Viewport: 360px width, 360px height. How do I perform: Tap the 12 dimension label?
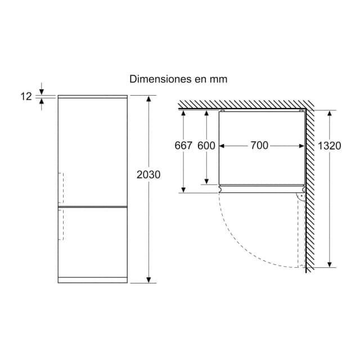tap(26, 96)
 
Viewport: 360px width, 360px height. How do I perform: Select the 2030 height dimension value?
tap(148, 175)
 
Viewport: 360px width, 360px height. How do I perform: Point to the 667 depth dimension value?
tap(183, 146)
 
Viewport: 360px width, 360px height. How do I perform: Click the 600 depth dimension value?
tap(206, 146)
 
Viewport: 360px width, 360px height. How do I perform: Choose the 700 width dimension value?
tap(259, 145)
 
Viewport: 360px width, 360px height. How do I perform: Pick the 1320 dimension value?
tap(329, 146)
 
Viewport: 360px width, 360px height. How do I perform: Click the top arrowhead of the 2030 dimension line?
tap(148, 99)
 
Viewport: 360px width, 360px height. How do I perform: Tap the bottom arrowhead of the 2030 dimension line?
tap(148, 280)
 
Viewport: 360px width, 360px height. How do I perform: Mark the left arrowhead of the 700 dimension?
tap(222, 146)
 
